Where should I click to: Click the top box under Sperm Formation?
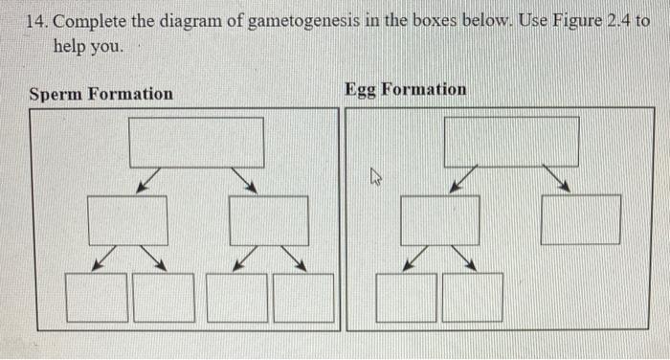tap(196, 142)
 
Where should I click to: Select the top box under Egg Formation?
tap(511, 142)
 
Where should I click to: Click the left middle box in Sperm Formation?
tap(127, 220)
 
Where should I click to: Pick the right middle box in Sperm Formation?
tap(269, 220)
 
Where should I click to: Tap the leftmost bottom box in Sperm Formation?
tap(97, 297)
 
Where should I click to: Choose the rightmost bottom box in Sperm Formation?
tap(303, 297)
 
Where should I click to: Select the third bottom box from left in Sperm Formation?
tap(236, 297)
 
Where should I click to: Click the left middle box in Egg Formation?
tap(439, 220)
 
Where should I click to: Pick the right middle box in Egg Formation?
tap(580, 220)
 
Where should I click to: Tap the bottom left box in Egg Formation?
tap(407, 297)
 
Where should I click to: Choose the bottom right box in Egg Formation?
tap(472, 297)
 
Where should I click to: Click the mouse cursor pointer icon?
tap(376, 176)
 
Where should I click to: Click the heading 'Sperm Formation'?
tap(101, 94)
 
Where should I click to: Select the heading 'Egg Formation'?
tap(406, 89)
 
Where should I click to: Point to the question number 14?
tap(37, 22)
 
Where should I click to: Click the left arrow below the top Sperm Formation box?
tap(148, 181)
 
